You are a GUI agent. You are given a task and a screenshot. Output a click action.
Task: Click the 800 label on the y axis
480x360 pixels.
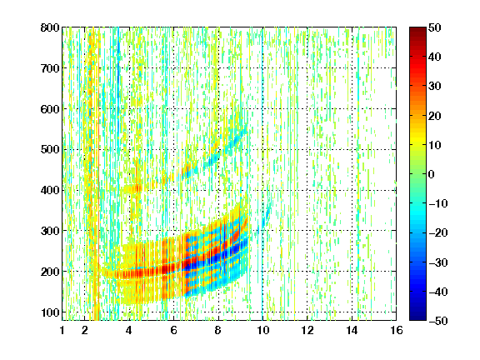tap(50, 27)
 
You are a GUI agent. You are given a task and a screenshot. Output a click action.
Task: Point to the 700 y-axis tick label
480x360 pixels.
tap(50, 68)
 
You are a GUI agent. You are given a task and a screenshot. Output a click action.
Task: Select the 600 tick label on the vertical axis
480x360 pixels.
tap(50, 109)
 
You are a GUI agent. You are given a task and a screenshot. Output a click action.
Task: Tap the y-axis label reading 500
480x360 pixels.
tap(50, 150)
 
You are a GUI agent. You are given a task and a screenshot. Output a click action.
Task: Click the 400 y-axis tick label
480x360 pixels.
tap(50, 190)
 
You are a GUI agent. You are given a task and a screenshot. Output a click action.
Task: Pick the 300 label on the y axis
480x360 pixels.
tap(50, 231)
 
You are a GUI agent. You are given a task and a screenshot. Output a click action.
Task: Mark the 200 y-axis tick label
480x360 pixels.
tap(50, 272)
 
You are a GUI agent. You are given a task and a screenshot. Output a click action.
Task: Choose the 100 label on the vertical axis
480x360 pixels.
tap(50, 312)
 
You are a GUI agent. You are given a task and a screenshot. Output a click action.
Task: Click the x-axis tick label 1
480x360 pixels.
tap(62, 330)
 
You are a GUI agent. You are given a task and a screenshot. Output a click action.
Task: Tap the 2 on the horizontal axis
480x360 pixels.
tap(85, 330)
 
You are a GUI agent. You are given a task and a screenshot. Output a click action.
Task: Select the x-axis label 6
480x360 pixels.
tap(173, 330)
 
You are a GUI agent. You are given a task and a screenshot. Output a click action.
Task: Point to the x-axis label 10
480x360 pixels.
tap(262, 330)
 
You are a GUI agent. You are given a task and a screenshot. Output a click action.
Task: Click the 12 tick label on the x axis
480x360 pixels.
tap(307, 330)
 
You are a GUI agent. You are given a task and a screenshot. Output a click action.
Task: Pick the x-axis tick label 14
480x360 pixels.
tap(352, 330)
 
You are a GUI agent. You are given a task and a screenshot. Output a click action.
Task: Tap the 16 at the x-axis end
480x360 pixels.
tap(397, 330)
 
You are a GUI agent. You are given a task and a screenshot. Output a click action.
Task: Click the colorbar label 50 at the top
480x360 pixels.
tap(435, 27)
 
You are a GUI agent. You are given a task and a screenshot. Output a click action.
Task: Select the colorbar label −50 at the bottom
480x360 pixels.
tap(437, 321)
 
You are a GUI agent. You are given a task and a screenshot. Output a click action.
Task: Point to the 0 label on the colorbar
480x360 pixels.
tap(432, 174)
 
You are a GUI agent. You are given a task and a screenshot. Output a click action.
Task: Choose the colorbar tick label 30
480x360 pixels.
tap(435, 87)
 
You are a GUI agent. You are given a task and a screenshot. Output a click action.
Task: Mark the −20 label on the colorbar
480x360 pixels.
tap(437, 232)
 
